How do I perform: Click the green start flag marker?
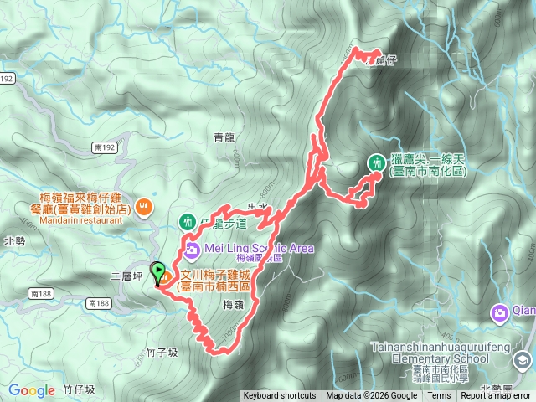pyautogui.click(x=157, y=272)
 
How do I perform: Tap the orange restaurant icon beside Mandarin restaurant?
pyautogui.click(x=144, y=206)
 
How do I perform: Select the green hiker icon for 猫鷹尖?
pyautogui.click(x=376, y=162)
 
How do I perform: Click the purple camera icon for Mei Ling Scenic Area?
pyautogui.click(x=192, y=249)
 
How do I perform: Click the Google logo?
pyautogui.click(x=32, y=390)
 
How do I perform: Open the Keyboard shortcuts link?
pyautogui.click(x=280, y=396)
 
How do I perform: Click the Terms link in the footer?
pyautogui.click(x=439, y=396)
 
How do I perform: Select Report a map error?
pyautogui.click(x=496, y=396)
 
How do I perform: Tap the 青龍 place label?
pyautogui.click(x=224, y=137)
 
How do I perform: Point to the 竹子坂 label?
pyautogui.click(x=162, y=353)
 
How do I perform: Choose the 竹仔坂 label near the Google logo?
pyautogui.click(x=80, y=390)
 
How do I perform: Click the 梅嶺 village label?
pyautogui.click(x=234, y=307)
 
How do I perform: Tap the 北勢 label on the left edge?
pyautogui.click(x=14, y=241)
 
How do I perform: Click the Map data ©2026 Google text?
pyautogui.click(x=371, y=396)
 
